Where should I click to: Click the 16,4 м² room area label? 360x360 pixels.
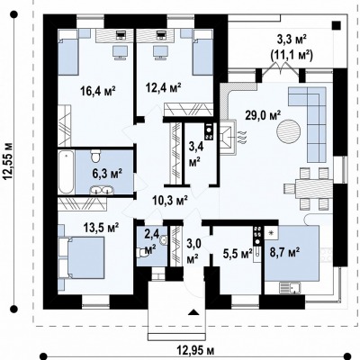pos(98,90)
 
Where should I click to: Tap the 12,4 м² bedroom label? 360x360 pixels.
pos(164,88)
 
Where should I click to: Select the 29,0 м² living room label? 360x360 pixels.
pos(263,115)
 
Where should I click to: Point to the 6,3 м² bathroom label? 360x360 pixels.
pos(107,174)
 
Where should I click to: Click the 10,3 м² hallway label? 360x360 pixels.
pos(170,200)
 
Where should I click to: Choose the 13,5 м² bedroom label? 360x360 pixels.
pos(102,227)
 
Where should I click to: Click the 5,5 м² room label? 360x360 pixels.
pos(238,254)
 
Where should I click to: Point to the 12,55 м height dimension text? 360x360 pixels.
pos(8,160)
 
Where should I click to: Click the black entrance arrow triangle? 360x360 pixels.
pos(193,312)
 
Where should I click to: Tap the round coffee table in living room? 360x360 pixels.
pos(288,132)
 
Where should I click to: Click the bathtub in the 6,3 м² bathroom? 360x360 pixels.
pos(67,172)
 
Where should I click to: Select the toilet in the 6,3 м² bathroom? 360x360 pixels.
pos(96,155)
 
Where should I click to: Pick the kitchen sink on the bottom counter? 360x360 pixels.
pos(290,288)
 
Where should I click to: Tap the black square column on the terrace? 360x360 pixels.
pos(337,25)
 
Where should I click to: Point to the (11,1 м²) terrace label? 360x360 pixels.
pos(292,55)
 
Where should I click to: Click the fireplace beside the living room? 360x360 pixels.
pos(228,137)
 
